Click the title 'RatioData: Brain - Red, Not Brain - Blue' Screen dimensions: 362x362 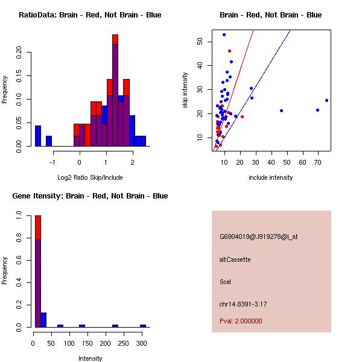(90, 15)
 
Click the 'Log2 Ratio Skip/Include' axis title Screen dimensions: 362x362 (90, 177)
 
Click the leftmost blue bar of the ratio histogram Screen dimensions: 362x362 (38, 136)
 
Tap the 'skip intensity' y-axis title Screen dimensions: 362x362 (185, 91)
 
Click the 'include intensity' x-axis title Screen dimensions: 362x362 (271, 177)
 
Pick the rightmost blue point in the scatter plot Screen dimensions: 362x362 (326, 100)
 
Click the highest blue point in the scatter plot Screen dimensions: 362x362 (224, 34)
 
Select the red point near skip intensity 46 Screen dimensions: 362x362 (229, 51)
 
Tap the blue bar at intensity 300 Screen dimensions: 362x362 (143, 326)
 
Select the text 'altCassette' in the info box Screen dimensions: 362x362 (235, 259)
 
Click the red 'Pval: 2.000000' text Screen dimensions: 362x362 (241, 321)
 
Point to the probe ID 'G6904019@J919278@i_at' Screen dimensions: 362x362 (259, 237)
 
